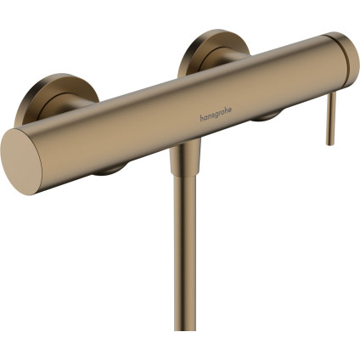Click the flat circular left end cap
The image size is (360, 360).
pos(25,159)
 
